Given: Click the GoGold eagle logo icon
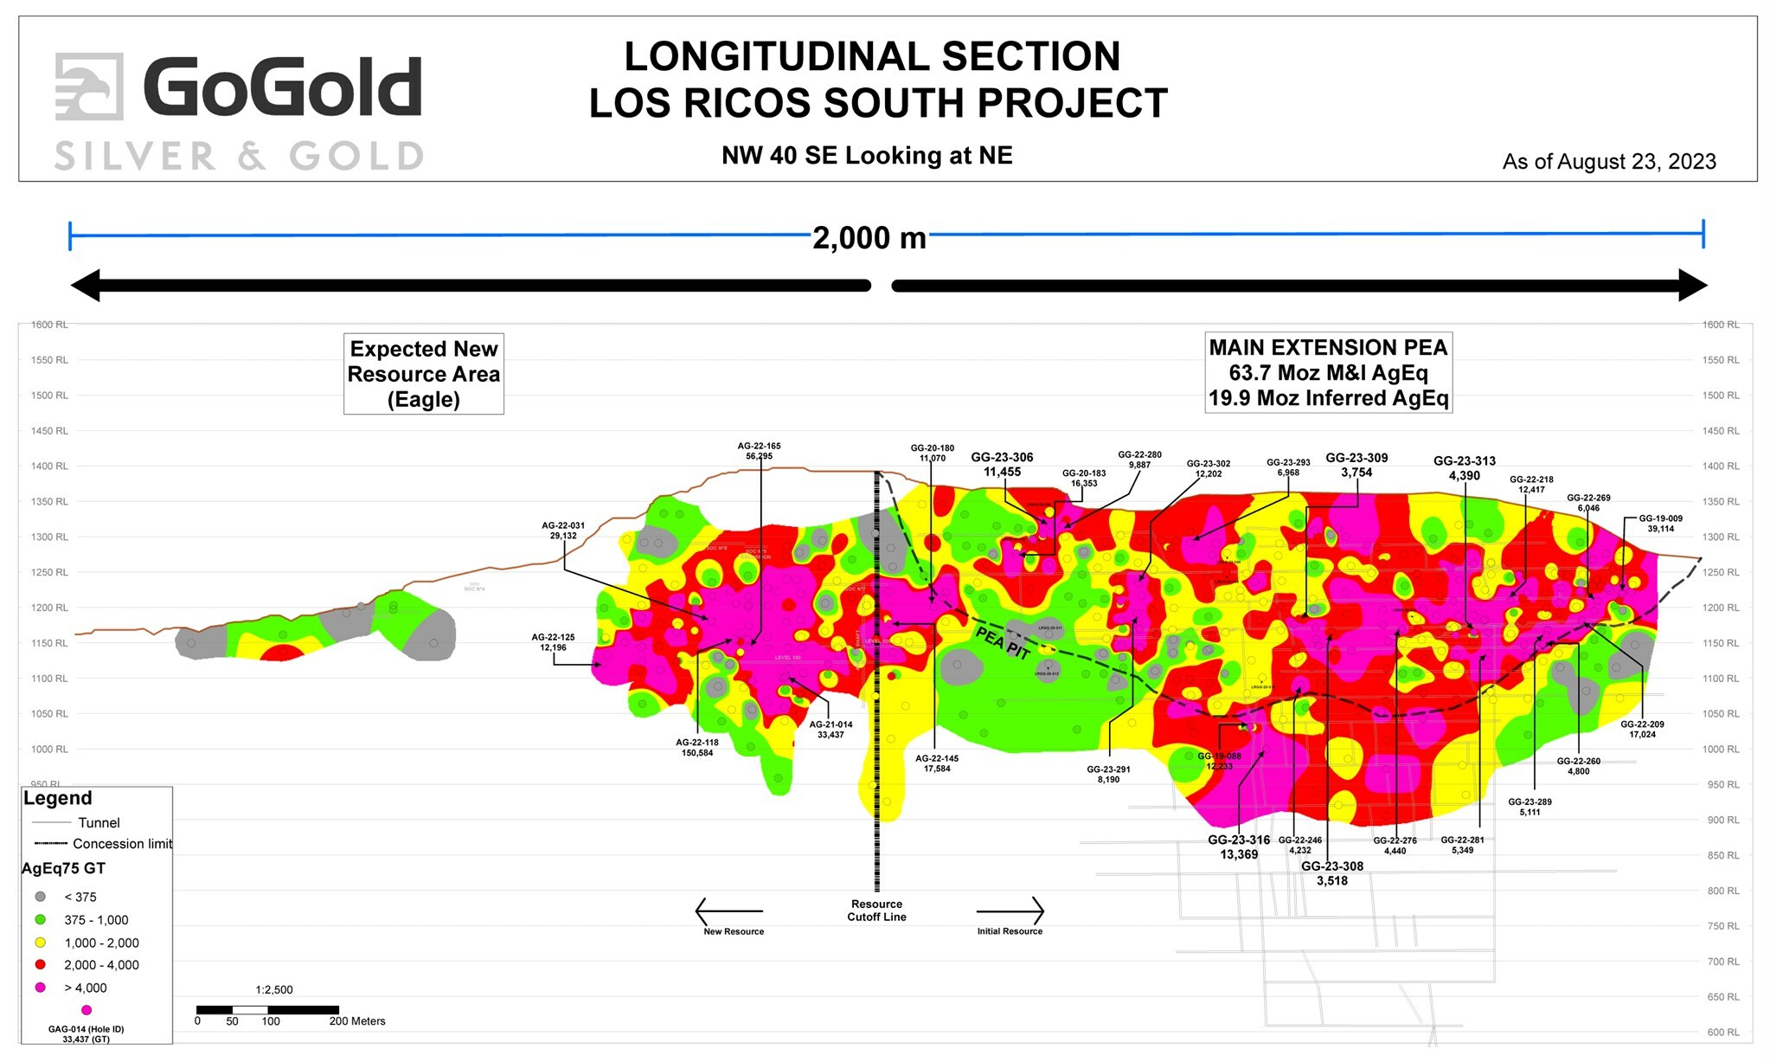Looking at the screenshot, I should click(89, 86).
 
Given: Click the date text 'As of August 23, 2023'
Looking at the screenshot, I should click(1608, 162).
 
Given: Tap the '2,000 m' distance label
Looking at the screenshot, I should click(869, 238).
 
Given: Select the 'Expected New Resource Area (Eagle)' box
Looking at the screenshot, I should click(423, 374).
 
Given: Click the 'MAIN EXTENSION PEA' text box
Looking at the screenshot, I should click(1327, 372).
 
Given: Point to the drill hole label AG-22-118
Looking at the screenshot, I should click(696, 743).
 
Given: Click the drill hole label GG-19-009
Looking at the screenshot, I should click(1660, 519).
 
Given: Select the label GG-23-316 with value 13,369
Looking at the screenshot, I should click(1239, 840).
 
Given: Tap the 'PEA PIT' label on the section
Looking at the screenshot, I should click(1002, 643).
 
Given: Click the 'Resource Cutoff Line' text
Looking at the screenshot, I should click(876, 911).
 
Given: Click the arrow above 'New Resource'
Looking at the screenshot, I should click(728, 911).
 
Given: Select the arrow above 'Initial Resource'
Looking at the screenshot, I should click(1010, 911).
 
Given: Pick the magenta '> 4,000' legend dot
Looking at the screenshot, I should click(40, 988).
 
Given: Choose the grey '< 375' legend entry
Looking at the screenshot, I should click(40, 897).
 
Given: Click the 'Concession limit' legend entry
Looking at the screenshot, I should click(121, 844).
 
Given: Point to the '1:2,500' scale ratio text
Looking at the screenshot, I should click(274, 989).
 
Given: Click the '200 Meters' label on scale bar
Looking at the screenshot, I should click(357, 1021).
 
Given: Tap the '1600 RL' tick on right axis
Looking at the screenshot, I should click(1720, 325).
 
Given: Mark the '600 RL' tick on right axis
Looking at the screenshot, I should click(1722, 1033).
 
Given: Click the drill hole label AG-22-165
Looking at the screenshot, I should click(759, 447).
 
